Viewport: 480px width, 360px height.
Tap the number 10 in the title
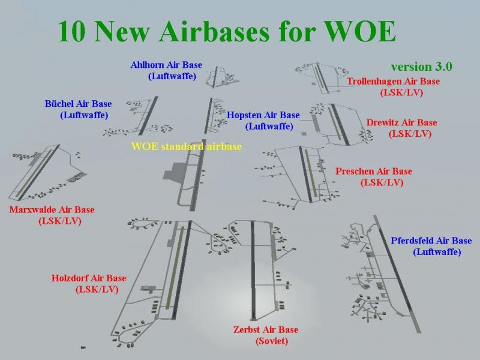[71, 32]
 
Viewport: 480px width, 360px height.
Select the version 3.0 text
[421, 67]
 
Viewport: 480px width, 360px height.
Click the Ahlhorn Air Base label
[166, 65]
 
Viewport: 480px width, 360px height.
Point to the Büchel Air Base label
[78, 104]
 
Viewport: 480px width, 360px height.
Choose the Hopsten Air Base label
[263, 115]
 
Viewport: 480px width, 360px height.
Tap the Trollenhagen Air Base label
[393, 82]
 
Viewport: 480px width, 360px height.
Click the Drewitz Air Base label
[401, 123]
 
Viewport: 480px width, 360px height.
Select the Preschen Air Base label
[374, 171]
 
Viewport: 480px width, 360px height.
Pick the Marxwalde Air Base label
[52, 209]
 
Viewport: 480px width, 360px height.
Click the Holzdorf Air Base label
[89, 278]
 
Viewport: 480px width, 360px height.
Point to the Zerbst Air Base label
[266, 329]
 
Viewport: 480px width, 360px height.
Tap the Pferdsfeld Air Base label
[431, 241]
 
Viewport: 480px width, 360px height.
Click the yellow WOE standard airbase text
[187, 146]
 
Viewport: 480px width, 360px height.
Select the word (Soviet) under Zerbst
[272, 341]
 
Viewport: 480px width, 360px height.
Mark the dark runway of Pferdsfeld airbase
[397, 274]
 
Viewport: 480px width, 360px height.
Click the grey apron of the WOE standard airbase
[174, 172]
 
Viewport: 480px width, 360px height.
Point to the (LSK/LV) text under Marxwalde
[60, 221]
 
